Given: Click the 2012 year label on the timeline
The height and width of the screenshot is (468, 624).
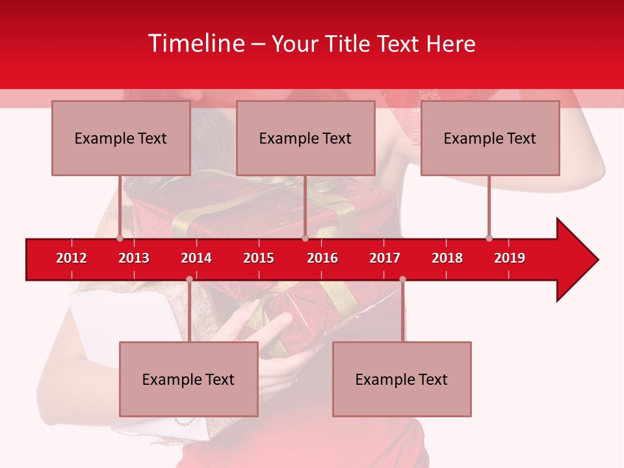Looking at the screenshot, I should [x=71, y=258].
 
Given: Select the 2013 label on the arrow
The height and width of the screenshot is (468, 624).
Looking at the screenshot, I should [x=134, y=258].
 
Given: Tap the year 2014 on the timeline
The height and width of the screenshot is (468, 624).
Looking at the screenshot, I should [x=196, y=258].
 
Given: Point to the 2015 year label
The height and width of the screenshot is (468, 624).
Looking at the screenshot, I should [x=259, y=258].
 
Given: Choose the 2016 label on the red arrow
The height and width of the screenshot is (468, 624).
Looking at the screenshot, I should [x=322, y=258].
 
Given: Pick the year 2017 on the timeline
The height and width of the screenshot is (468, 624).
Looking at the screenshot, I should [x=385, y=258].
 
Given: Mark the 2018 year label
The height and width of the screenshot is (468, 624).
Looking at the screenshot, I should [x=447, y=258].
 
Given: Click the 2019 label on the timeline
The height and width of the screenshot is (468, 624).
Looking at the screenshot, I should [x=510, y=258].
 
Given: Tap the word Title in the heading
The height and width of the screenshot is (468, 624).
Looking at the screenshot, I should [x=350, y=44].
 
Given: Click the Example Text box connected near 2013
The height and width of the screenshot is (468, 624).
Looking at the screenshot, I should [x=121, y=138].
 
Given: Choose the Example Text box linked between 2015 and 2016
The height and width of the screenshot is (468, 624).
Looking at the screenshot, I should [x=305, y=138].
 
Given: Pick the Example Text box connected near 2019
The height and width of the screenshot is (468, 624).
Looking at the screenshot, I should [x=490, y=138].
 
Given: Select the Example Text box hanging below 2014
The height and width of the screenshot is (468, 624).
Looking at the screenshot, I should [x=188, y=379].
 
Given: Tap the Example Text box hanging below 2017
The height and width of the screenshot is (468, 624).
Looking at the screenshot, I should [x=402, y=379].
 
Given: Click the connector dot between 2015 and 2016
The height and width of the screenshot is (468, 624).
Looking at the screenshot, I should [x=305, y=238].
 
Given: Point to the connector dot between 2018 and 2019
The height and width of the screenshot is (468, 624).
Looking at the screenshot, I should [x=489, y=238].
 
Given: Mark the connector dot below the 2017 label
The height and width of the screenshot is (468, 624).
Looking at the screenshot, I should [x=402, y=279].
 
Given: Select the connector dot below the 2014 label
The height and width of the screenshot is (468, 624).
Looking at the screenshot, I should [x=189, y=279].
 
